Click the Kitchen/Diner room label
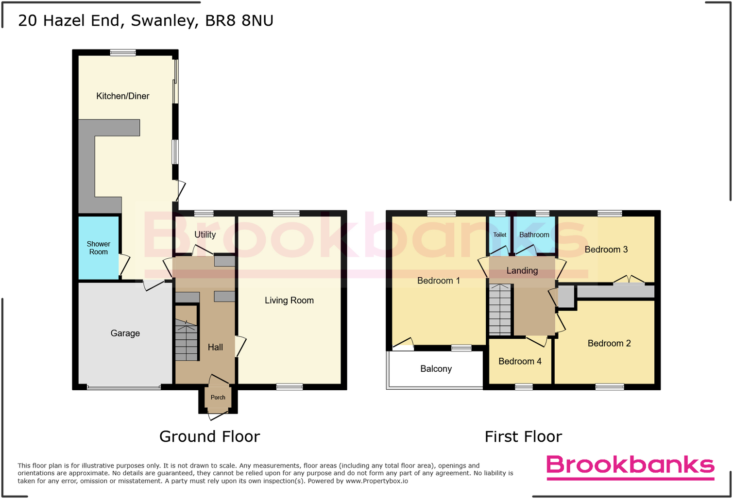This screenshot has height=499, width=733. (x=123, y=96)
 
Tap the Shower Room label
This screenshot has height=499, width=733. (x=99, y=248)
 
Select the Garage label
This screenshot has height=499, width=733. (x=125, y=333)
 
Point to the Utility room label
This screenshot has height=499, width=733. (x=205, y=234)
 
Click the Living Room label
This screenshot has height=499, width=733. (x=289, y=300)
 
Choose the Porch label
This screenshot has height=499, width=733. (x=218, y=398)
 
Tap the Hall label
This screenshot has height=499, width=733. (x=215, y=347)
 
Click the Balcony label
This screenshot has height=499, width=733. (x=436, y=369)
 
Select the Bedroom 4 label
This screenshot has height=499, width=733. (x=520, y=361)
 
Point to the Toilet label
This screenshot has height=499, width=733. (x=500, y=235)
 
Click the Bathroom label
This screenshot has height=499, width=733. (x=534, y=235)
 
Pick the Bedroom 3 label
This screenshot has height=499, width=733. (x=606, y=249)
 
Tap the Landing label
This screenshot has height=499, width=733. (x=522, y=271)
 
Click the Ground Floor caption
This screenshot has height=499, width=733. (x=210, y=437)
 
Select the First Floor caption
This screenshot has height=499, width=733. (x=523, y=437)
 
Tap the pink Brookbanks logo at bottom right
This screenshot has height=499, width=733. (x=631, y=466)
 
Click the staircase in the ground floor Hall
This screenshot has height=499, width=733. (x=187, y=340)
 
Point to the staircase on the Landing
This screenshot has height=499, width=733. (x=500, y=310)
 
